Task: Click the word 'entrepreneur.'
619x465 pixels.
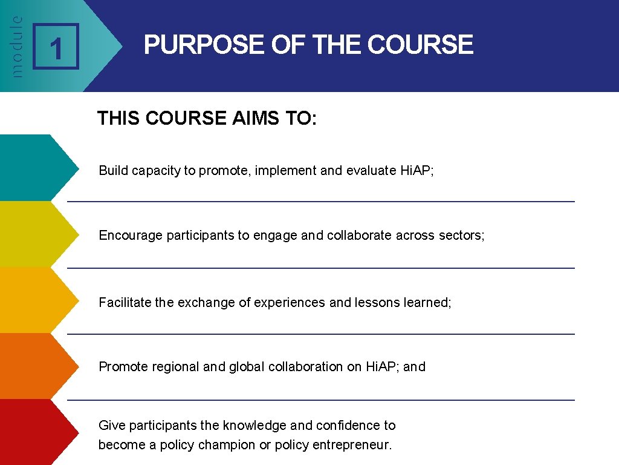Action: coord(352,445)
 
